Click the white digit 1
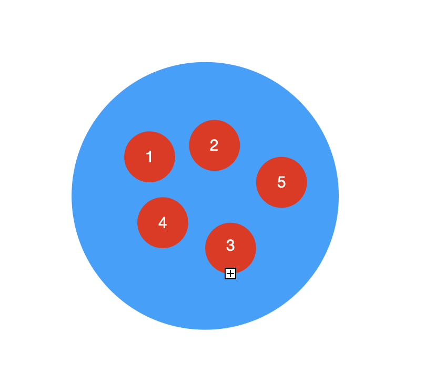pyautogui.click(x=149, y=157)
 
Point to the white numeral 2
pyautogui.click(x=214, y=145)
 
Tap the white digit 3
pyautogui.click(x=230, y=246)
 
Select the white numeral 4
pyautogui.click(x=163, y=223)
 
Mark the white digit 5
pyautogui.click(x=281, y=182)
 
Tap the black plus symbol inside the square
pyautogui.click(x=230, y=273)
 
